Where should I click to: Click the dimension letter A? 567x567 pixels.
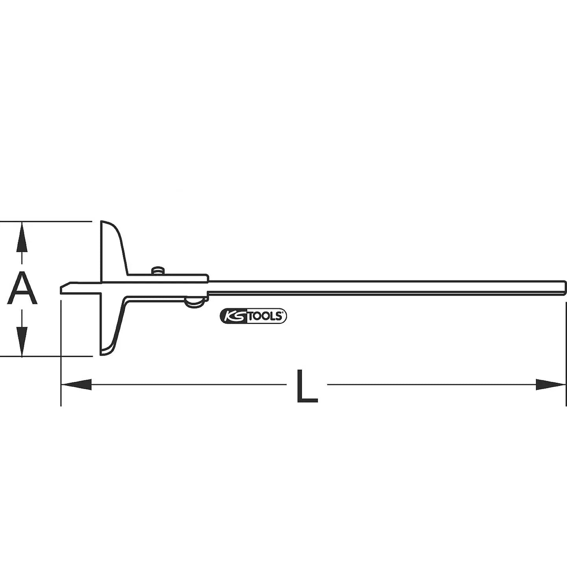pyautogui.click(x=22, y=289)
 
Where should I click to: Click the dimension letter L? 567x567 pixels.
pyautogui.click(x=306, y=386)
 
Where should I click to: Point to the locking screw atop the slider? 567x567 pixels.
pyautogui.click(x=157, y=271)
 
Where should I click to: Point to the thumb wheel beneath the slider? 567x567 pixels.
pyautogui.click(x=195, y=302)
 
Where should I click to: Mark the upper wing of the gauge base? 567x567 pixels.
pyautogui.click(x=112, y=248)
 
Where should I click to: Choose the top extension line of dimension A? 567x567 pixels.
pyautogui.click(x=47, y=222)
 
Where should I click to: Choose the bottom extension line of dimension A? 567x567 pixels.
pyautogui.click(x=47, y=357)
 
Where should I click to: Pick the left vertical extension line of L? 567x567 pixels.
pyautogui.click(x=61, y=354)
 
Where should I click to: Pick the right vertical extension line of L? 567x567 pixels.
pyautogui.click(x=566, y=354)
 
